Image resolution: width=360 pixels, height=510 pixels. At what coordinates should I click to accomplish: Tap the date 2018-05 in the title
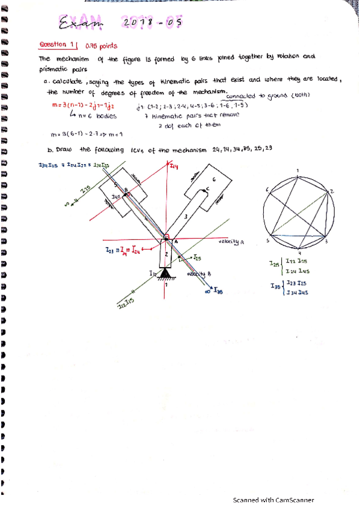coord(151,23)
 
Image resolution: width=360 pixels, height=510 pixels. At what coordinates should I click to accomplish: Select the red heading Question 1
coord(58,45)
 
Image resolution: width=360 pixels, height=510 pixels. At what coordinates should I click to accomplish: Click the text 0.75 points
coord(102,46)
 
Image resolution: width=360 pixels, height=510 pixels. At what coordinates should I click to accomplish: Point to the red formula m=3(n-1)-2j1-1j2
coord(85,106)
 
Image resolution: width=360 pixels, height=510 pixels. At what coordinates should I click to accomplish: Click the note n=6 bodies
coord(95,116)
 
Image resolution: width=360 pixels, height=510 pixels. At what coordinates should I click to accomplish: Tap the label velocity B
coord(197,274)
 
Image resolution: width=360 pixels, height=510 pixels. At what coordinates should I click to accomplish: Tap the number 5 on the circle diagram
coord(268,240)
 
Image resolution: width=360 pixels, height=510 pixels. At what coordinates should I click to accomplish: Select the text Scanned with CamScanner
coord(273,500)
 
